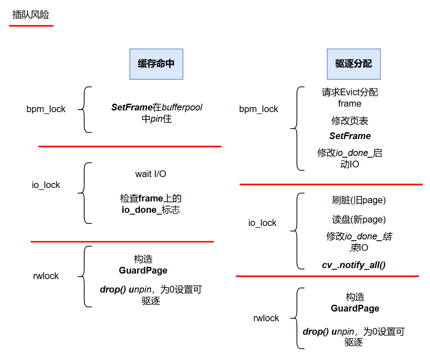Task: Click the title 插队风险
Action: pyautogui.click(x=31, y=15)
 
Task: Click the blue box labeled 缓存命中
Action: pyautogui.click(x=156, y=64)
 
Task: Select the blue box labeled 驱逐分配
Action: pyautogui.click(x=354, y=64)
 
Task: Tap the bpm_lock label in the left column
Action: pyautogui.click(x=46, y=109)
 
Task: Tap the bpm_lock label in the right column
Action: pyautogui.click(x=259, y=109)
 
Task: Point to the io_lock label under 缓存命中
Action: pyautogui.click(x=46, y=185)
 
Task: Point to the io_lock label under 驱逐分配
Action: pyautogui.click(x=262, y=223)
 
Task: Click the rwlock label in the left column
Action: pyautogui.click(x=46, y=276)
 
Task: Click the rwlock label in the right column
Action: pyautogui.click(x=266, y=318)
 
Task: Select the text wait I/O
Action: pyautogui.click(x=151, y=174)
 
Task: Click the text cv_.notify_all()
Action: pyautogui.click(x=354, y=265)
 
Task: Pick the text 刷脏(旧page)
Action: pyautogui.click(x=359, y=200)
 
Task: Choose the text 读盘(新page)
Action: pyautogui.click(x=359, y=220)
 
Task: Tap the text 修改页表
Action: pyautogui.click(x=350, y=121)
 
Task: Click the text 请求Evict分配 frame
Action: pyautogui.click(x=350, y=98)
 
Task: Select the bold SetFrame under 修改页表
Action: pyautogui.click(x=350, y=136)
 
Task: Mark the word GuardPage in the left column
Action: pyautogui.click(x=143, y=271)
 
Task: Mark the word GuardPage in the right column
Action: pyautogui.click(x=355, y=309)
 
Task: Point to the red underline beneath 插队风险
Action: pyautogui.click(x=31, y=26)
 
